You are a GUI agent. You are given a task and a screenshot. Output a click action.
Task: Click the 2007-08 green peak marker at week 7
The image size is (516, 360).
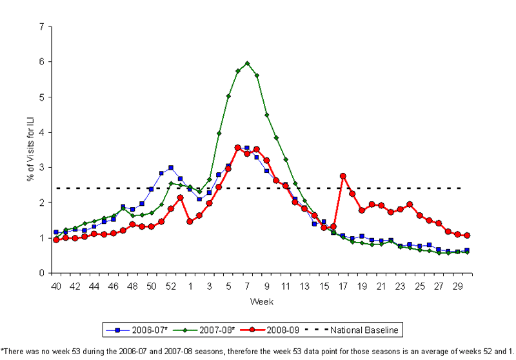click(247, 63)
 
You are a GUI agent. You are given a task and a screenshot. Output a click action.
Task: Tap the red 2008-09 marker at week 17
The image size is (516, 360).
click(342, 175)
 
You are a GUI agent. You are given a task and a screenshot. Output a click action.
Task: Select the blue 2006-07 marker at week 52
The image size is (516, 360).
click(170, 168)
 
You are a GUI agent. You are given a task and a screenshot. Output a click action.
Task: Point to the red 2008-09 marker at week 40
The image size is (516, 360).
click(56, 239)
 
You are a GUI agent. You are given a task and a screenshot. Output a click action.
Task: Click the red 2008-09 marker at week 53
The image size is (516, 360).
click(180, 197)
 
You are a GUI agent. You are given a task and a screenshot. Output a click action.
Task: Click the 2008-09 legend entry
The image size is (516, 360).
click(277, 330)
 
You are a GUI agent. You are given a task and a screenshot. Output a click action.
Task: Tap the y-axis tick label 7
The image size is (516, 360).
click(41, 27)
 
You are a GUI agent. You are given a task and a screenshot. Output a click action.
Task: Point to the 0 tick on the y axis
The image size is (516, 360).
click(41, 273)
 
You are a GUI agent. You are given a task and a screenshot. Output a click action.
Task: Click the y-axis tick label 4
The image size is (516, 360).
click(41, 132)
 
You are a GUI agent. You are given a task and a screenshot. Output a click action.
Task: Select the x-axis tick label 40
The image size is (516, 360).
click(56, 285)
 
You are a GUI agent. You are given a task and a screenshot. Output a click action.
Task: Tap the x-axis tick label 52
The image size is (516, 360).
click(170, 285)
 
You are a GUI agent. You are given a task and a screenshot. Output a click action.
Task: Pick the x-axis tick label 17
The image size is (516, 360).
click(342, 285)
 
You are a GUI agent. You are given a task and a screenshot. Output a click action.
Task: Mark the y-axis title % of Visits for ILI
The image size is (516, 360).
click(30, 150)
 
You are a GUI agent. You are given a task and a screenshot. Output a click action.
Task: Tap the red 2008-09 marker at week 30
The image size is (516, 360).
click(466, 235)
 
